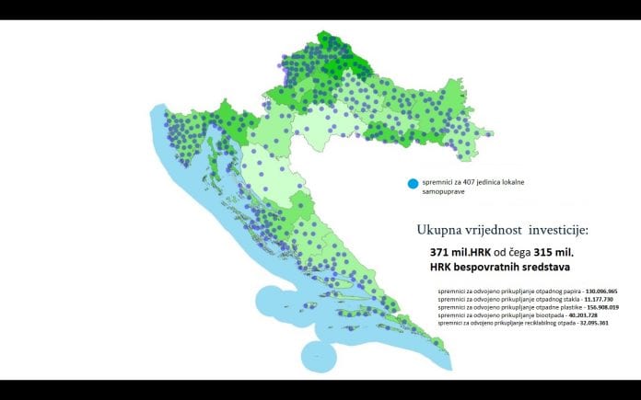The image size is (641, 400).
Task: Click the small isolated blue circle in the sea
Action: (318, 351)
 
